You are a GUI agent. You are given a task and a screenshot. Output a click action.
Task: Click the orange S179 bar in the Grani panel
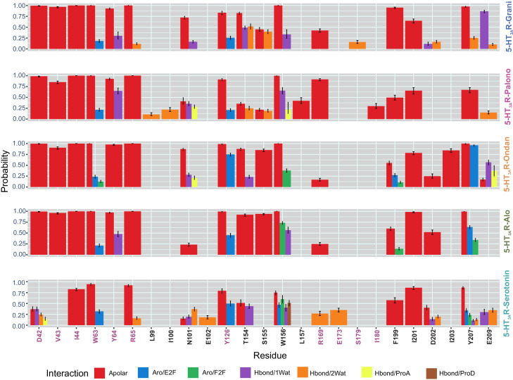click(x=357, y=46)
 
